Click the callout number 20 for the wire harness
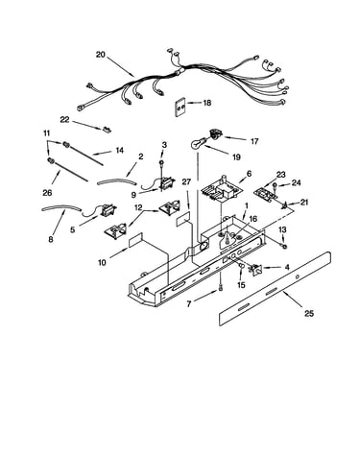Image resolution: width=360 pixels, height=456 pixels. [100, 55]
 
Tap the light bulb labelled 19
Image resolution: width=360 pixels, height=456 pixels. [197, 144]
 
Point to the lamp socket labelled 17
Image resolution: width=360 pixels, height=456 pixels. [216, 134]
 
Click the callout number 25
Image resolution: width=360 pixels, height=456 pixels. [309, 313]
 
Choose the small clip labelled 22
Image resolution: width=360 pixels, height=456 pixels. [107, 130]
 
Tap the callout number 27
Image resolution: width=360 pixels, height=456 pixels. [186, 182]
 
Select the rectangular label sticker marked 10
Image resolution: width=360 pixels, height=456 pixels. [136, 240]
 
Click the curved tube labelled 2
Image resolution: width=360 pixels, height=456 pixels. [116, 181]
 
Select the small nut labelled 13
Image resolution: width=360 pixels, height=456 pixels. [284, 246]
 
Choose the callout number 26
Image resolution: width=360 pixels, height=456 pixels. [47, 193]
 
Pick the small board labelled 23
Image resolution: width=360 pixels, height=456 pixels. [265, 194]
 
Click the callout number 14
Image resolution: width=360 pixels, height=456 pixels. [120, 150]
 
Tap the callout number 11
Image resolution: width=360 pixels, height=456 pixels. [47, 132]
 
